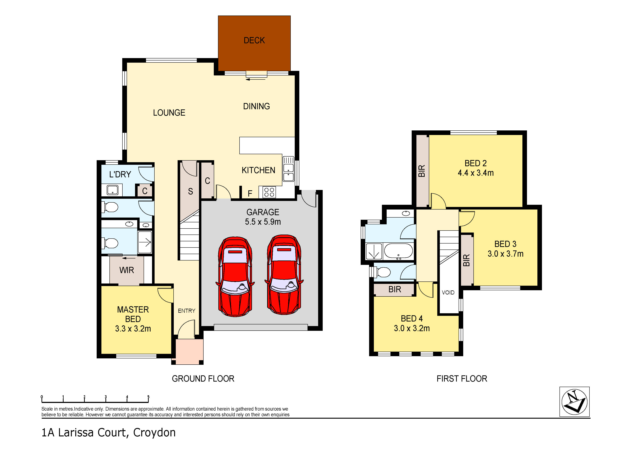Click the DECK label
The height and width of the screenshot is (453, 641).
[x=254, y=41]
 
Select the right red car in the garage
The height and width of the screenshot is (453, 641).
[x=284, y=275]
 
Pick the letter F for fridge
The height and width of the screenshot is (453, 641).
[x=250, y=193]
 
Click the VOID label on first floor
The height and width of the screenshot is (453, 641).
[x=448, y=292]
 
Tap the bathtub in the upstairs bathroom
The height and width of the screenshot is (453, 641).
[x=398, y=251]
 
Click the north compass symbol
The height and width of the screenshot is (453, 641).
[x=574, y=402]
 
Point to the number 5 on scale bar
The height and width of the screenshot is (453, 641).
[x=148, y=397]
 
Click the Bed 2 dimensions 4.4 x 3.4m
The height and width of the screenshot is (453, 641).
[x=475, y=173]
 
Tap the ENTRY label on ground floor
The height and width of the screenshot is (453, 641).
[x=187, y=311]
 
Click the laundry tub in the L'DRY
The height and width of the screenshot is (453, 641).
[x=113, y=190]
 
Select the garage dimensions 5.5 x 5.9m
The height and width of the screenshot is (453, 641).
[x=263, y=222]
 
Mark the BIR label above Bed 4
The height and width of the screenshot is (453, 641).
[x=395, y=290]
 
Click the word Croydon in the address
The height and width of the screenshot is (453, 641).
[x=154, y=433]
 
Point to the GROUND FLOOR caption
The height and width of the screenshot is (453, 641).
[x=203, y=379]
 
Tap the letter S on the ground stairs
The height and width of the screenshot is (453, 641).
[x=190, y=191]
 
